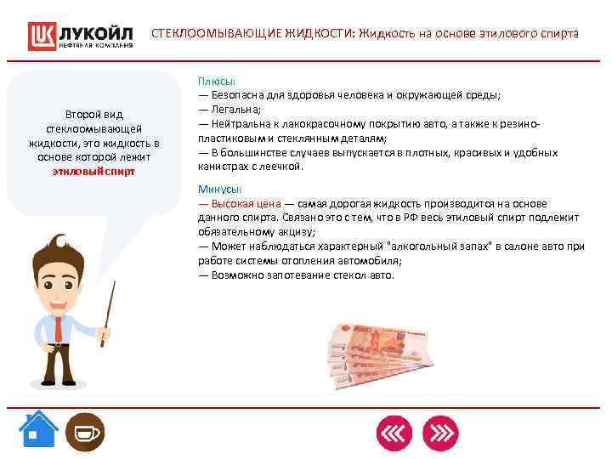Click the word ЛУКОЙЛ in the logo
(x=95, y=32)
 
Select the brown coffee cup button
(x=85, y=432)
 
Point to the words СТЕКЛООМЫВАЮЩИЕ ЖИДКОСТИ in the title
(x=252, y=34)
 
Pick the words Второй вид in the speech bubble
(x=93, y=114)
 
